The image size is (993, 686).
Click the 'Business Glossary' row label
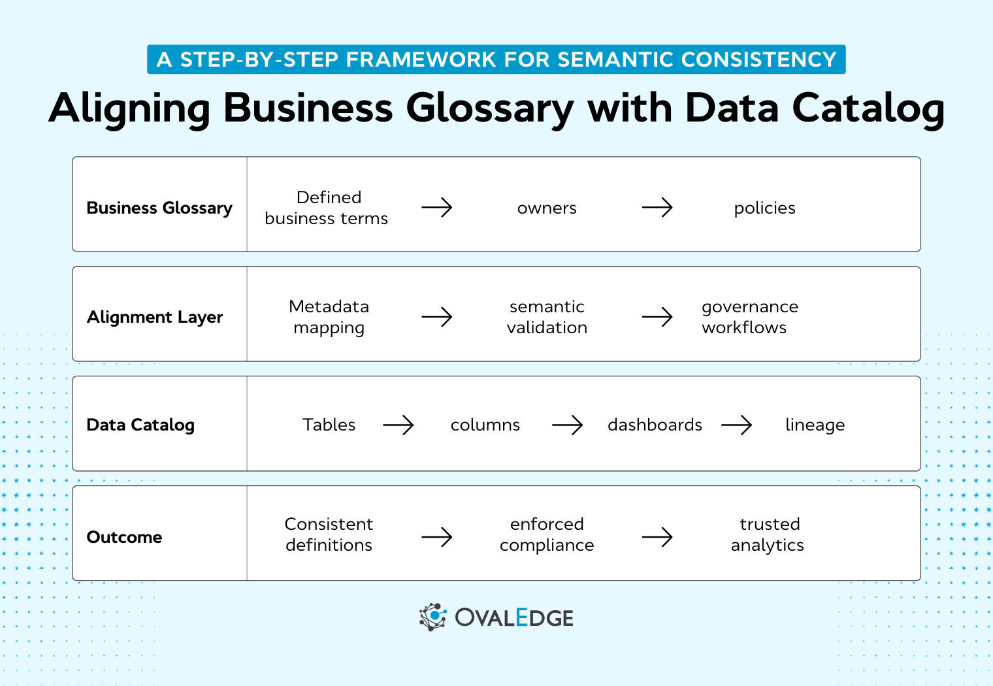point(159,208)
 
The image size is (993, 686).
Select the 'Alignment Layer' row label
point(155,317)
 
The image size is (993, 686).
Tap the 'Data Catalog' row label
point(140,425)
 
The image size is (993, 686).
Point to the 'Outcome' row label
point(124,537)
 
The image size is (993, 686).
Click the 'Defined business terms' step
point(327,208)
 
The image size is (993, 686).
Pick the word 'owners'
point(547,208)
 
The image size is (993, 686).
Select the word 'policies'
point(764,208)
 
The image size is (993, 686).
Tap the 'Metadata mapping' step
point(329,317)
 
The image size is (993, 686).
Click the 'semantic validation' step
point(547,317)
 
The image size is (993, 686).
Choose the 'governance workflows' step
point(749,317)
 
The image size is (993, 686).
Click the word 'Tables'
point(329,425)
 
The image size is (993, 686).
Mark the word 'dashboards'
point(655,425)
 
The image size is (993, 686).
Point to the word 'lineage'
point(815,425)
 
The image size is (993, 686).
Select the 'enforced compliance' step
point(547,534)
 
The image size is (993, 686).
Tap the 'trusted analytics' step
point(768,534)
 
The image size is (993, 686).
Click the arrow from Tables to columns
point(399,425)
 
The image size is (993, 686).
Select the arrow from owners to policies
point(657,208)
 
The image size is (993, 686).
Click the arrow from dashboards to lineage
point(737,425)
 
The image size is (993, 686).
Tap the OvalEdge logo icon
point(432,617)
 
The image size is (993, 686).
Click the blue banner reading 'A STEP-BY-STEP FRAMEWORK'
point(496,59)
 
